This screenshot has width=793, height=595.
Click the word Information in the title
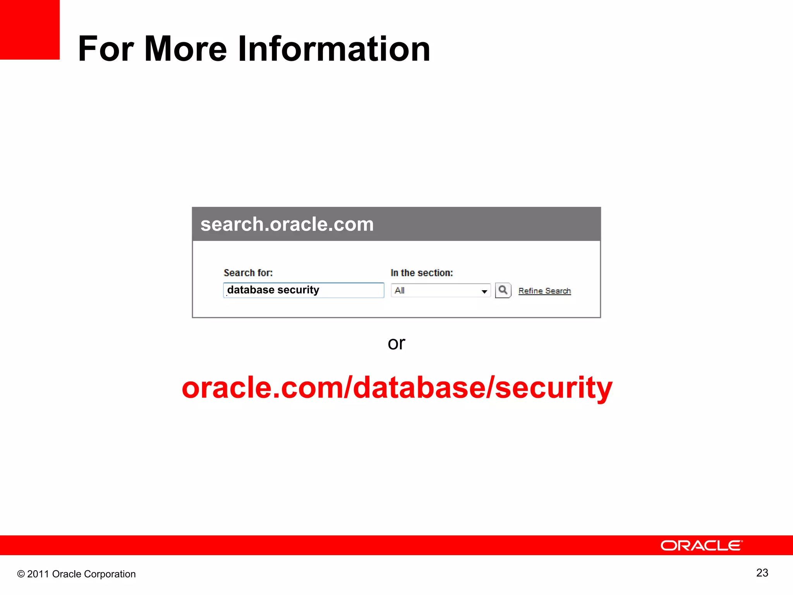point(334,49)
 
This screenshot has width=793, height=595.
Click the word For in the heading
point(106,49)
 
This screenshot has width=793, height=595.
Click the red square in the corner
point(29,29)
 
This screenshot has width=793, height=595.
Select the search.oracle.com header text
point(287,224)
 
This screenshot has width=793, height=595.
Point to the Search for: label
point(248,273)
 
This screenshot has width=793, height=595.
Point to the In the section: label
point(422,273)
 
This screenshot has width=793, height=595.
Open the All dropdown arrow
point(484,291)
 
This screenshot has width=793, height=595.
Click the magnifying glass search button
point(503,290)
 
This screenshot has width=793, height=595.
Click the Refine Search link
point(544,291)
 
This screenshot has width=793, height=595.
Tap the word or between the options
point(396,343)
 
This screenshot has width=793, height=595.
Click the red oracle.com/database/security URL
point(397,387)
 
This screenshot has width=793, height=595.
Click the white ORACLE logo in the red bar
point(701,545)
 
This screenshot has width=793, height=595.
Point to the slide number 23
point(762,573)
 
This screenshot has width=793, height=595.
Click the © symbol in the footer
point(21,574)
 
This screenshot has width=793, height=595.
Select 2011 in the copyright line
point(38,574)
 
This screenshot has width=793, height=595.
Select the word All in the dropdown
point(400,291)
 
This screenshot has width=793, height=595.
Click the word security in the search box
point(298,290)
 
